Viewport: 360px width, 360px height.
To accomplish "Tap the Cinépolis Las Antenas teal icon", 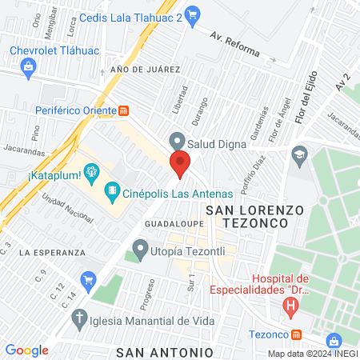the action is tap(112, 192).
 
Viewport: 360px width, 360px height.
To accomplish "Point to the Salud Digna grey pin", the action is tap(176, 141).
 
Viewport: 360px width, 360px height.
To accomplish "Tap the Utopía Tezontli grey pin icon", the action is tap(141, 248).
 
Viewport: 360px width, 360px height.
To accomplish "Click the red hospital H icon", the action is tap(290, 305).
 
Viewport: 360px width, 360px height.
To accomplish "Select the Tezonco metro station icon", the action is tap(296, 334).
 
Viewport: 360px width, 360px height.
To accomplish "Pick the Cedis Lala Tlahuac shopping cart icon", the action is tap(192, 14).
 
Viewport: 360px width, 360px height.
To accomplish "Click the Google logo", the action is tap(27, 350).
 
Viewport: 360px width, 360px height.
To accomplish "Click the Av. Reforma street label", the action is tap(235, 45).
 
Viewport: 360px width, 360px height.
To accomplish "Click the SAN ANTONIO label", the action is tap(164, 352).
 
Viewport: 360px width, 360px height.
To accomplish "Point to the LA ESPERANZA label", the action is tap(54, 252).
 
